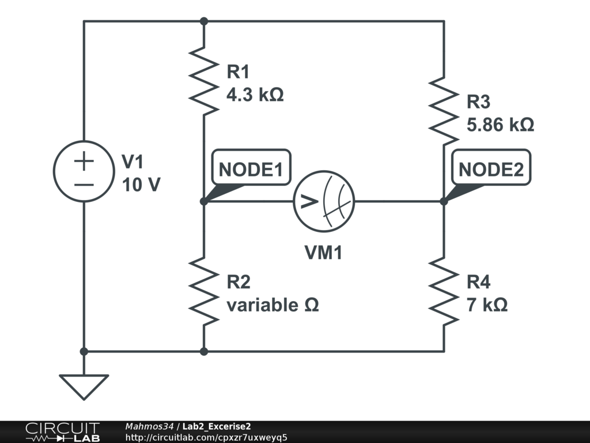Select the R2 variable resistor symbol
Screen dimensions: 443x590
[203, 290]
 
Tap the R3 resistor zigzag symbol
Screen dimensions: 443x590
[444, 110]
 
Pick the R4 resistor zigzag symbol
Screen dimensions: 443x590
[444, 290]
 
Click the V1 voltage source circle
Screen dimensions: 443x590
[84, 171]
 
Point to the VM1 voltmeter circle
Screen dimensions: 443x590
[323, 201]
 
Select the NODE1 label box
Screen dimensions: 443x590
[251, 170]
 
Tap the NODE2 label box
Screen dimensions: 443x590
[491, 170]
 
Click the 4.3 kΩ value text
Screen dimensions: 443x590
[255, 95]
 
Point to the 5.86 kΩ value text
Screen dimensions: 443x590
[500, 125]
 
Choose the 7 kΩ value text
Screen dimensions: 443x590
[487, 305]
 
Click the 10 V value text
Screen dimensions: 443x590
[141, 185]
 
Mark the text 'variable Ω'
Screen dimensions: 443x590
[273, 305]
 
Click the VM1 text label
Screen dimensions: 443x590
[323, 252]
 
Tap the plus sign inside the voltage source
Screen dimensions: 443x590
[84, 161]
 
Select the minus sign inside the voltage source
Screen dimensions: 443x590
[84, 185]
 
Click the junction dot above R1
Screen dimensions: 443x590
[203, 21]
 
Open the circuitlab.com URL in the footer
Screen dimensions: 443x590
[206, 437]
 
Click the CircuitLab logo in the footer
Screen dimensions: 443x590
[62, 431]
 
